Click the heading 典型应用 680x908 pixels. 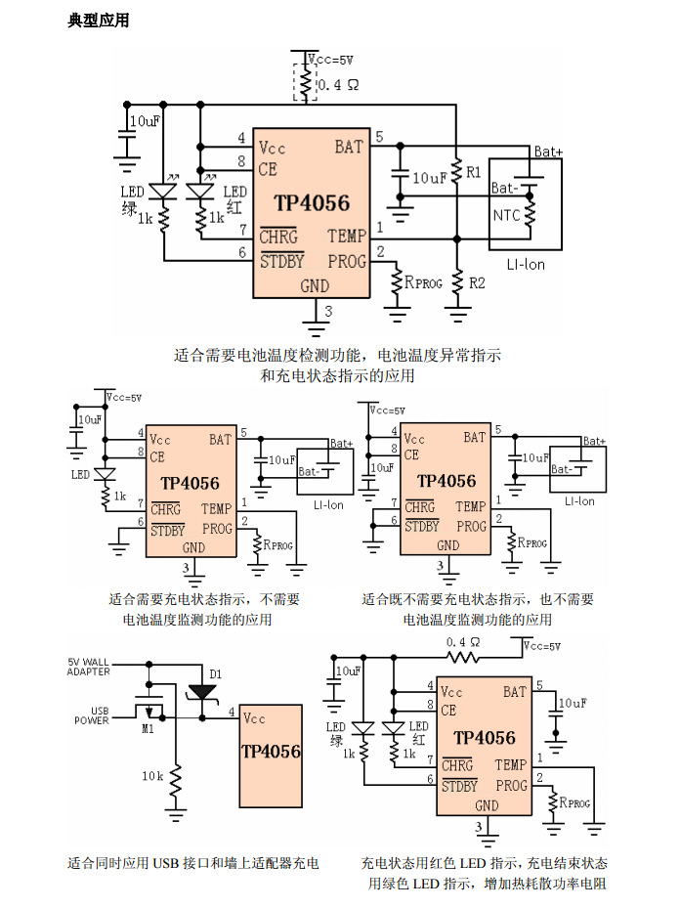coord(99,21)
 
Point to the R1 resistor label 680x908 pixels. coord(474,172)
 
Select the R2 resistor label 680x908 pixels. coord(477,282)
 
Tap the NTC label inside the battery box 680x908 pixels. coord(506,215)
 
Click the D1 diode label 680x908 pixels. coord(216,673)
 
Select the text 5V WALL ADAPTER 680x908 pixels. coord(89,667)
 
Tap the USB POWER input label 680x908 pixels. coord(93,715)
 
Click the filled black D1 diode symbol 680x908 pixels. coord(203,692)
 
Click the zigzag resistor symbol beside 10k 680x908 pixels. coord(176,780)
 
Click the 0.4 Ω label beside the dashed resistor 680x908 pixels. coord(338,85)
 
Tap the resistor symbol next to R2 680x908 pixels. coord(456,282)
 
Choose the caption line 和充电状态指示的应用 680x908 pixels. coord(338,375)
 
